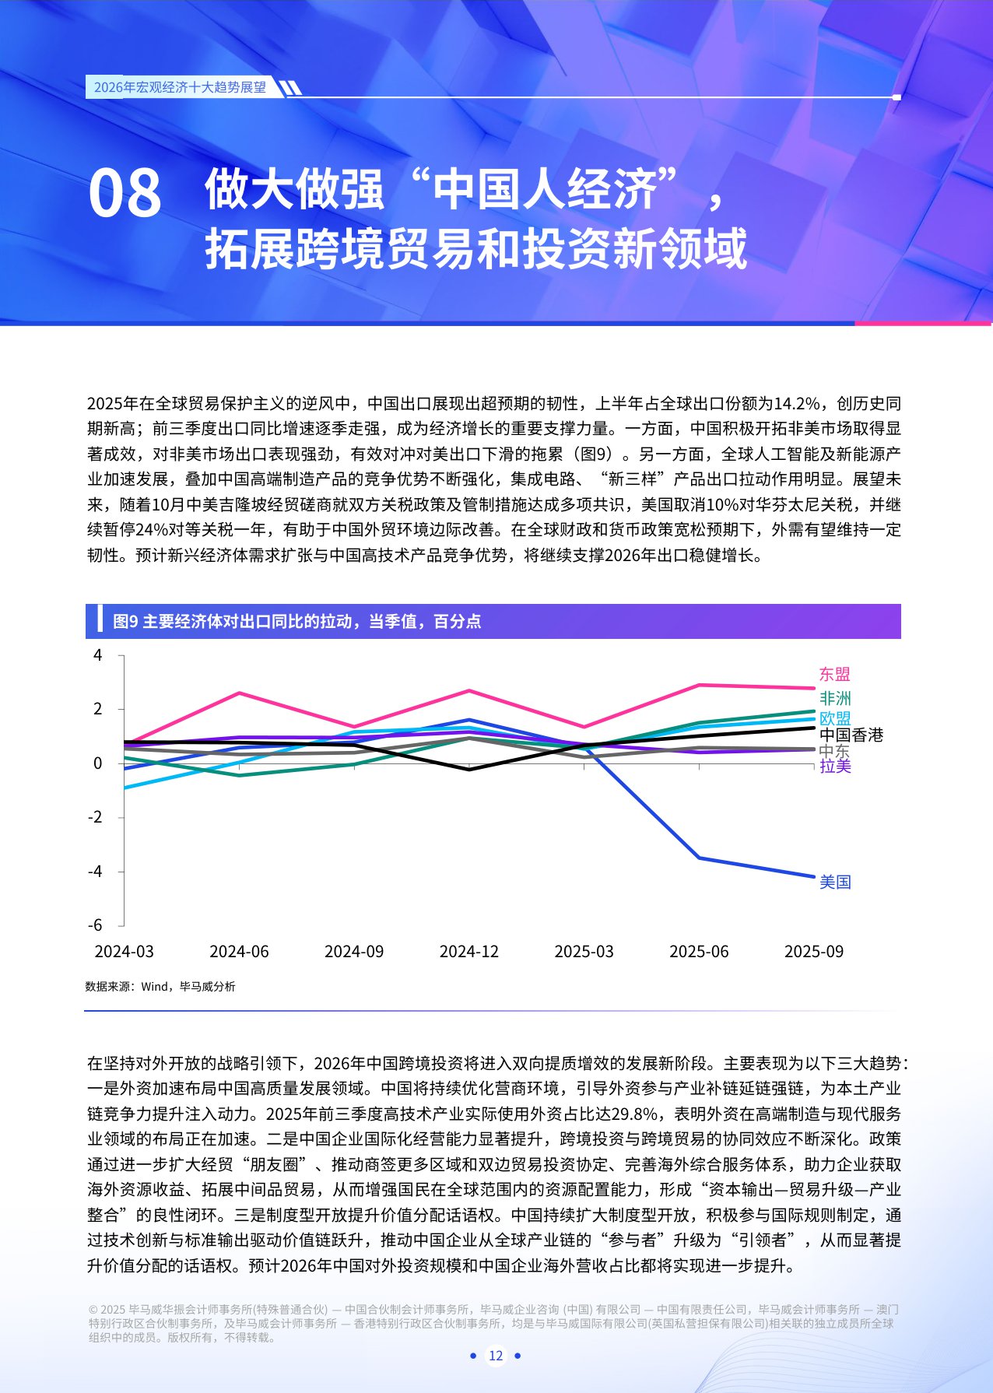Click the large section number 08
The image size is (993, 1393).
click(x=125, y=194)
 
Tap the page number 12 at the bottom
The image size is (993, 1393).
click(x=496, y=1356)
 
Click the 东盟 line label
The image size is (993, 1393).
click(x=834, y=675)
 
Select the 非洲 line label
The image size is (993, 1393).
click(x=835, y=698)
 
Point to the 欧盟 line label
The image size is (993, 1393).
click(x=835, y=718)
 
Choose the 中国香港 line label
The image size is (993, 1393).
click(x=851, y=735)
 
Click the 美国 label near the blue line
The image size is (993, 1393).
click(x=835, y=882)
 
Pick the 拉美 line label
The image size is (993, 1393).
click(x=835, y=767)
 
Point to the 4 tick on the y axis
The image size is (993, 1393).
click(x=98, y=655)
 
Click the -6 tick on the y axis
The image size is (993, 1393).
click(x=95, y=925)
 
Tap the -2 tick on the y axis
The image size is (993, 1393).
click(x=95, y=817)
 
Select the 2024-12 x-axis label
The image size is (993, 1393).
click(x=469, y=952)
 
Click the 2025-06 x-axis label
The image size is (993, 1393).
click(x=699, y=952)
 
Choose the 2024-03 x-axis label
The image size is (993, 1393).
click(x=125, y=952)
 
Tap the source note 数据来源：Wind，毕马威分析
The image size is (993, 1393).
click(x=160, y=987)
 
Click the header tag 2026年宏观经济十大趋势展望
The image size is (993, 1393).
click(x=180, y=87)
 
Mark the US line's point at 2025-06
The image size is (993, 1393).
click(x=699, y=858)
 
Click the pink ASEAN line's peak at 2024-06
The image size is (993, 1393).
click(x=239, y=693)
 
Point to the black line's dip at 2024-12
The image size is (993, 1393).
click(x=469, y=770)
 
